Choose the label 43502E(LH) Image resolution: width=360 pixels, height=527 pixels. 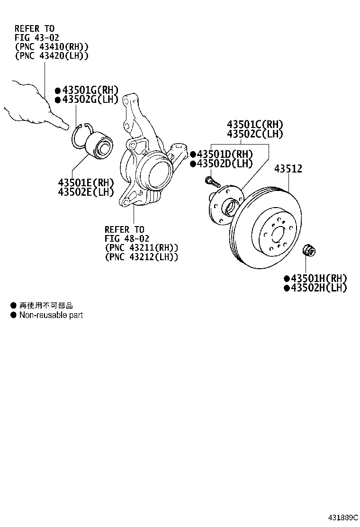[86, 192]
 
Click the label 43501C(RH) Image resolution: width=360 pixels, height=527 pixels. [255, 125]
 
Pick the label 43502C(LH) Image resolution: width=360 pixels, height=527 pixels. [255, 134]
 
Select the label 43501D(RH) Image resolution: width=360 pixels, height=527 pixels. [224, 154]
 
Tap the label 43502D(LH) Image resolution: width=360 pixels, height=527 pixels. [224, 164]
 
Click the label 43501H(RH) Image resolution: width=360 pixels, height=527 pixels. [318, 279]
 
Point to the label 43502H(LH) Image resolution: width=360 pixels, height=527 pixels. [318, 288]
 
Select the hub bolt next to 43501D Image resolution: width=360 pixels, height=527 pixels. [211, 181]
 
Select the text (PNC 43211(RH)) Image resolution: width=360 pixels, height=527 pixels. [142, 248]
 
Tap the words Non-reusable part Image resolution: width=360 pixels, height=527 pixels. [51, 315]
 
